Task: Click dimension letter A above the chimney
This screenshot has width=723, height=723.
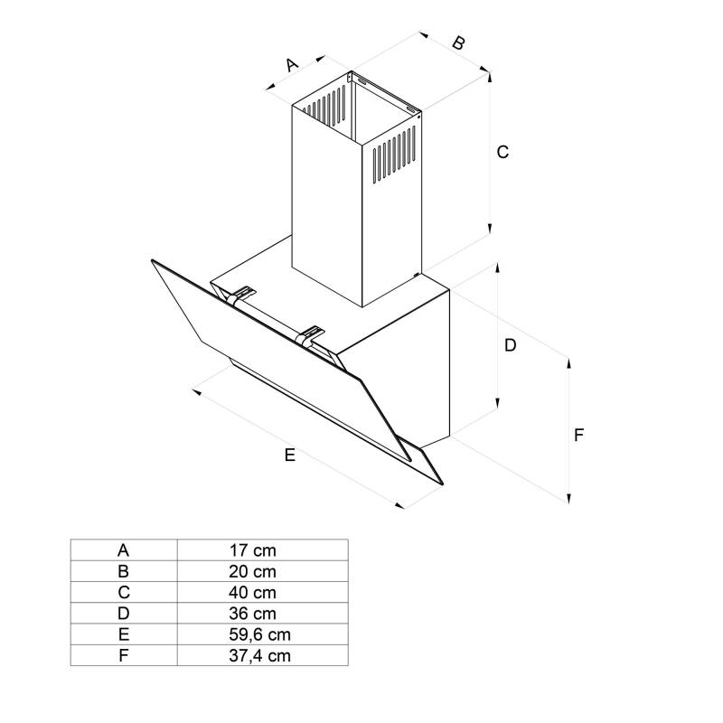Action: tap(292, 65)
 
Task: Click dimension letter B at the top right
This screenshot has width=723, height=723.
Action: tap(458, 42)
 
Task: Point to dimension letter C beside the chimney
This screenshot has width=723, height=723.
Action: tap(503, 152)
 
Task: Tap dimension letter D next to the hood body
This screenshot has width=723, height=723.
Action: tap(510, 345)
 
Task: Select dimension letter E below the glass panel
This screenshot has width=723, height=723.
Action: tap(289, 455)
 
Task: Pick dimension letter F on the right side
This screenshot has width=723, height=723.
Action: tap(580, 435)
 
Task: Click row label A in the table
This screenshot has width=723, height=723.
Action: tap(124, 549)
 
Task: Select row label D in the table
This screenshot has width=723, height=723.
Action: tap(124, 614)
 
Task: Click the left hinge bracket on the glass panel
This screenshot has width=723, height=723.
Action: tap(242, 295)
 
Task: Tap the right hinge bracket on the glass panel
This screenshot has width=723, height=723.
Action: tap(312, 335)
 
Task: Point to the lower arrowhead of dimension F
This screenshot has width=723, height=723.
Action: tap(568, 500)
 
